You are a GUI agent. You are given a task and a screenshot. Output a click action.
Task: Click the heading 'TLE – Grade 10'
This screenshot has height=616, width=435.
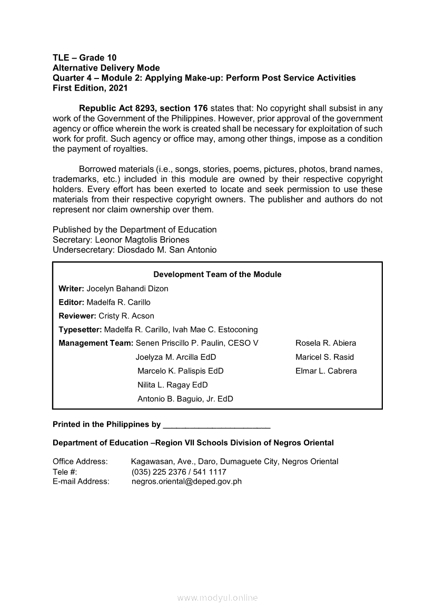tap(85, 57)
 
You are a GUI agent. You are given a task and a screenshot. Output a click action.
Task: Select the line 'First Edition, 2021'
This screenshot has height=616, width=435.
tap(90, 89)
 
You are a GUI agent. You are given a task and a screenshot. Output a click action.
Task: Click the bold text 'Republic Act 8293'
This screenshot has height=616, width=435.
tap(123, 109)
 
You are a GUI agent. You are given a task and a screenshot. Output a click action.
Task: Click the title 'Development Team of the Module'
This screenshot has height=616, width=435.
tap(217, 275)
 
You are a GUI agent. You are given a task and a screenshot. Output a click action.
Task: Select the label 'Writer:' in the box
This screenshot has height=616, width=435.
tap(72, 289)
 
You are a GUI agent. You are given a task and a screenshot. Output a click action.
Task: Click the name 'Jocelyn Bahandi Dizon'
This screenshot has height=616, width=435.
tap(127, 289)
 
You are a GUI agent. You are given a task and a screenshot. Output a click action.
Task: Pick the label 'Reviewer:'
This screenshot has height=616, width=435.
tap(77, 316)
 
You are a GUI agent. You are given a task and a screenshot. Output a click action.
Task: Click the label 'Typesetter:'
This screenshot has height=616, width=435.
tap(81, 330)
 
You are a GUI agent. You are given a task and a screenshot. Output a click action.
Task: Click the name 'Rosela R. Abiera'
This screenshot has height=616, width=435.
tap(325, 343)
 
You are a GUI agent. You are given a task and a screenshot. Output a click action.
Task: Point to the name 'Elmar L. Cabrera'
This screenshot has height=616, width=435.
tap(326, 371)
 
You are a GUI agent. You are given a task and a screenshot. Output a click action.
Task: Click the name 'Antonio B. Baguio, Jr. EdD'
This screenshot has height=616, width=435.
tap(185, 399)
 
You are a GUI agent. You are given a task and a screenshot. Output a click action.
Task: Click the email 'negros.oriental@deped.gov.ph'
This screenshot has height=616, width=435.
tap(186, 482)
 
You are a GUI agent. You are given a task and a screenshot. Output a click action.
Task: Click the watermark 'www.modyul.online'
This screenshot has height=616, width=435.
tap(217, 598)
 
